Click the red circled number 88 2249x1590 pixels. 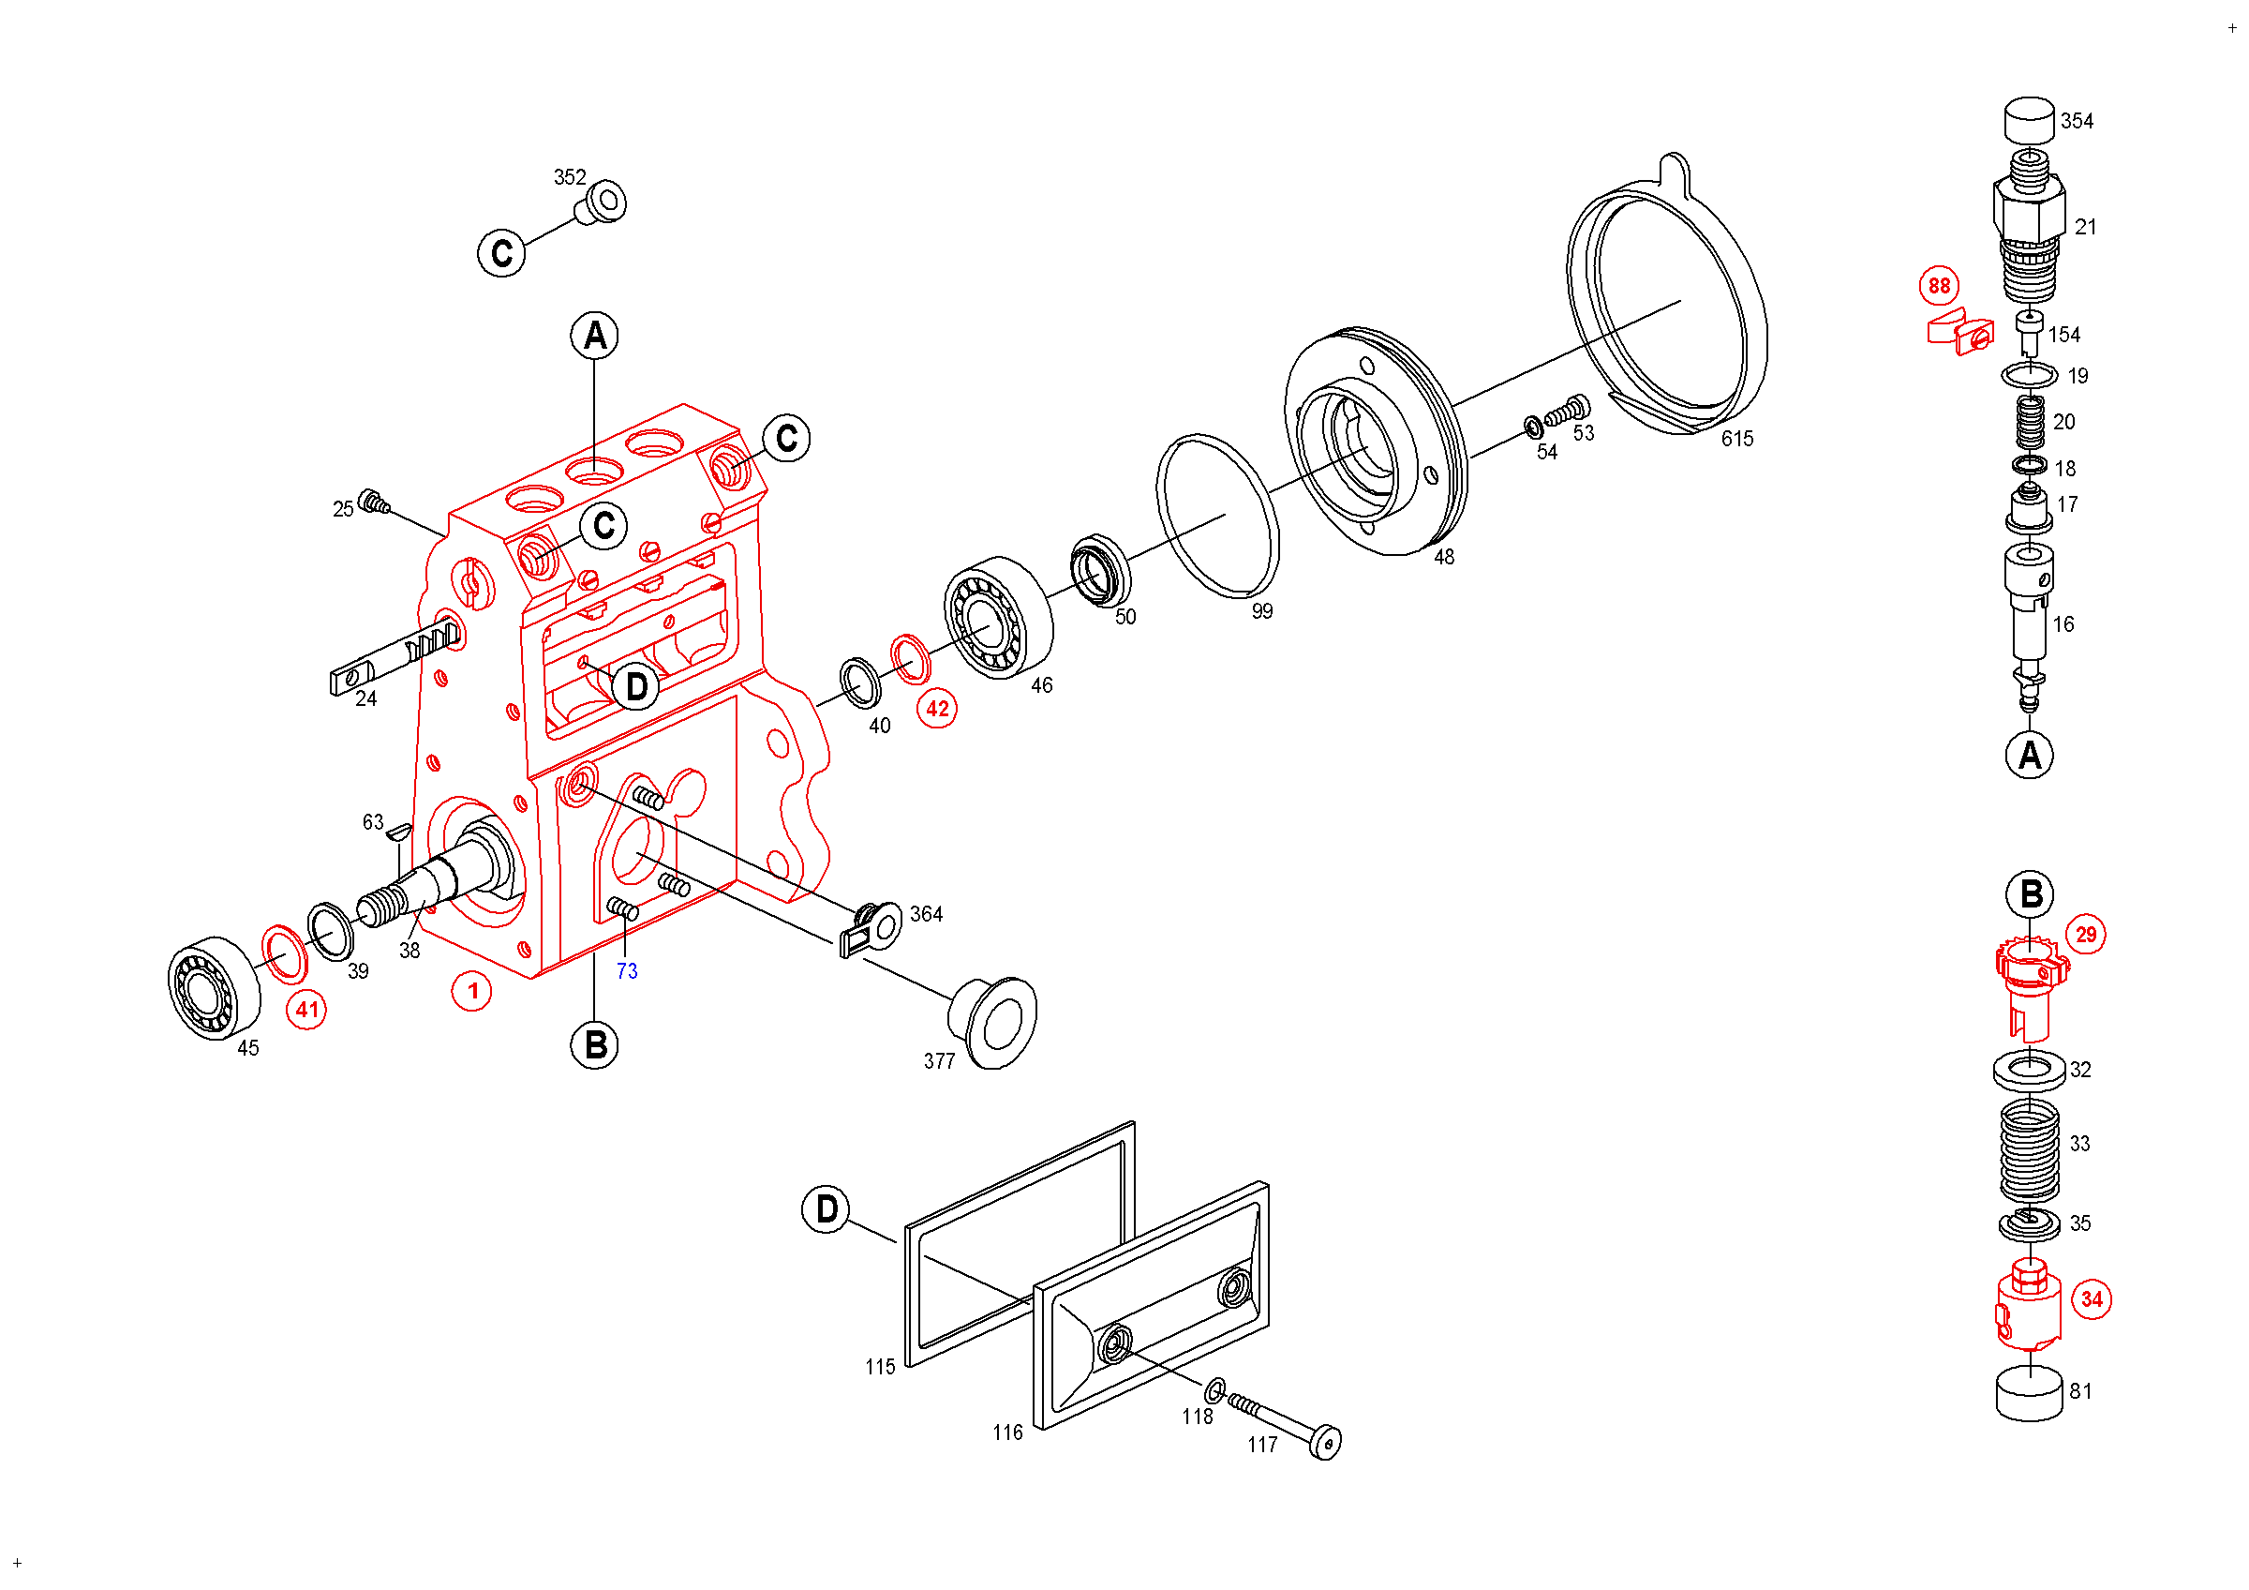[x=1939, y=286]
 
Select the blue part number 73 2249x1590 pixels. [x=627, y=971]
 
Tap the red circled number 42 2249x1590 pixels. [x=937, y=709]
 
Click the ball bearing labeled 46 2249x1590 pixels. [x=998, y=617]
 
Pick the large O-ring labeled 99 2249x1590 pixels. [x=1217, y=516]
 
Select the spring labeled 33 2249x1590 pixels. [x=2029, y=1148]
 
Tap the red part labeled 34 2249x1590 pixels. [x=2028, y=1307]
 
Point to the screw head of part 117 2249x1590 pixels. [x=1325, y=1442]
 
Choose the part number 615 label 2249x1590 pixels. [x=1736, y=439]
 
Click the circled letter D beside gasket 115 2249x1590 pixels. [x=826, y=1209]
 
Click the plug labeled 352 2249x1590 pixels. [x=602, y=202]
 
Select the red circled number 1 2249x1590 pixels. [x=471, y=992]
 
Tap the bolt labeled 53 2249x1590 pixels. [x=1569, y=412]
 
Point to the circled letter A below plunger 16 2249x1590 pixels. [x=2029, y=756]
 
